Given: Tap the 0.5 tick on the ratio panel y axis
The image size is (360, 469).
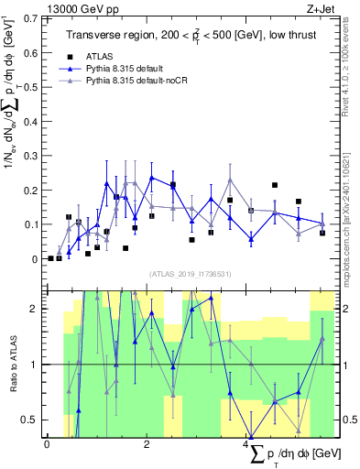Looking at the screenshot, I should point(34,420).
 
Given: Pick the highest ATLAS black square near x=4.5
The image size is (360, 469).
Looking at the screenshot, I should point(275,185).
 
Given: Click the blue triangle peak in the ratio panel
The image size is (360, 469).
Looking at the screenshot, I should point(211,298).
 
